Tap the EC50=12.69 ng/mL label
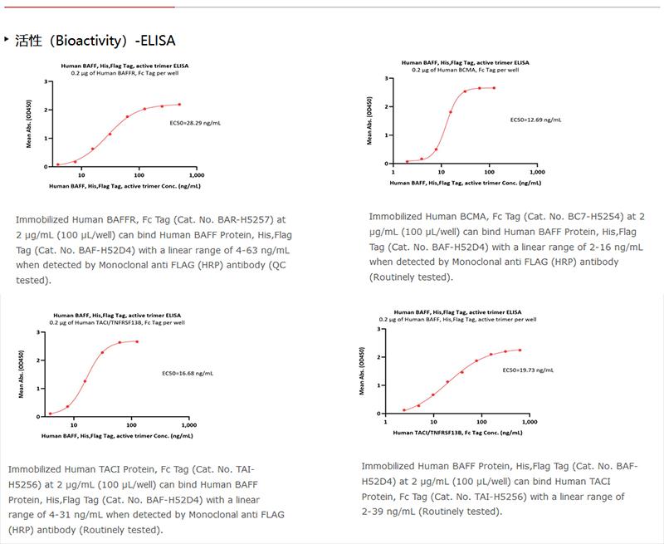(535, 120)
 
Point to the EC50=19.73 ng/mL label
(529, 369)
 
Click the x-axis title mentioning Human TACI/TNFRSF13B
(457, 433)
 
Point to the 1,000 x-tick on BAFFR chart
(197, 175)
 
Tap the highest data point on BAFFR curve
(178, 105)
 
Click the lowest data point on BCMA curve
(408, 161)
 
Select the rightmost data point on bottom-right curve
(519, 350)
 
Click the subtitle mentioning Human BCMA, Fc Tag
(465, 70)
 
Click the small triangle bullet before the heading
(7, 39)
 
